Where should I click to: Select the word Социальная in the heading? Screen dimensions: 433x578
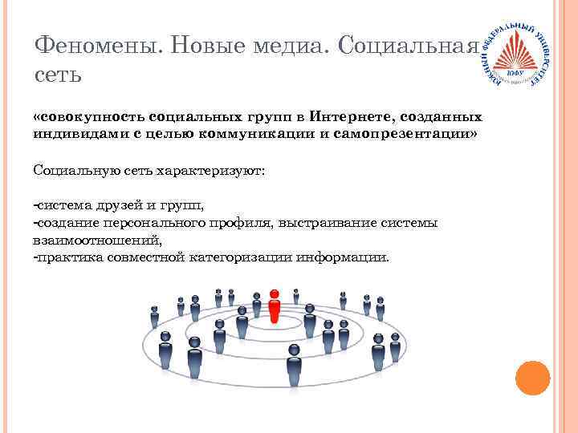point(410,46)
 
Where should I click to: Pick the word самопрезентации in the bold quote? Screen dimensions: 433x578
point(418,132)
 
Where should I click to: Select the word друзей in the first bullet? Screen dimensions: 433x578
point(116,207)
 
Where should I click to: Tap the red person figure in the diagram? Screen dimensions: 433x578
point(275,305)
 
